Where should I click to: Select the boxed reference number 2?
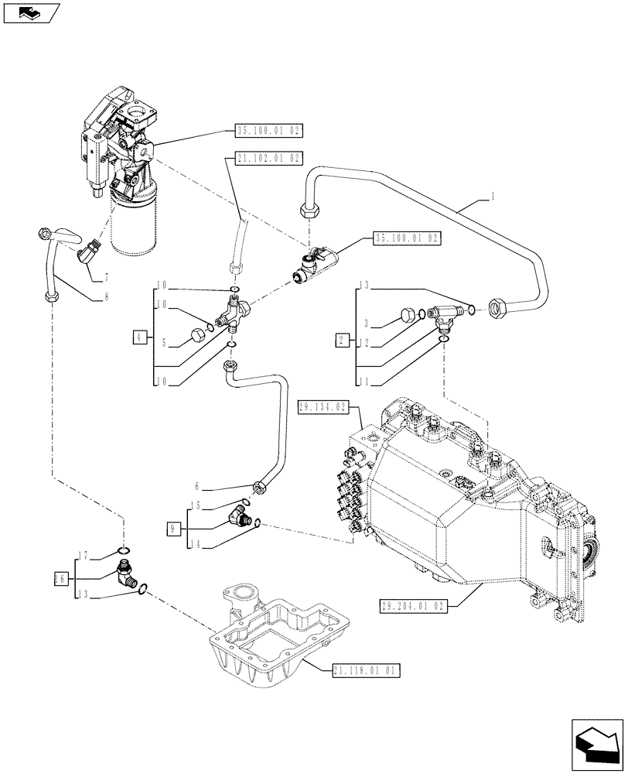click(x=340, y=339)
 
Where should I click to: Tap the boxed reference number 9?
click(x=174, y=529)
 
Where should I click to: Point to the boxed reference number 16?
click(x=61, y=578)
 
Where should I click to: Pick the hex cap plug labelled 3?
click(x=405, y=314)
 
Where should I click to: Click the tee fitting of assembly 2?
click(x=445, y=313)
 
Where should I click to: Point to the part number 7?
click(x=105, y=276)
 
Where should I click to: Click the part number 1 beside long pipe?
click(x=491, y=197)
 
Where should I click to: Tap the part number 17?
click(x=84, y=554)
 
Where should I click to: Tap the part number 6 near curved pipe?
click(x=197, y=486)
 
